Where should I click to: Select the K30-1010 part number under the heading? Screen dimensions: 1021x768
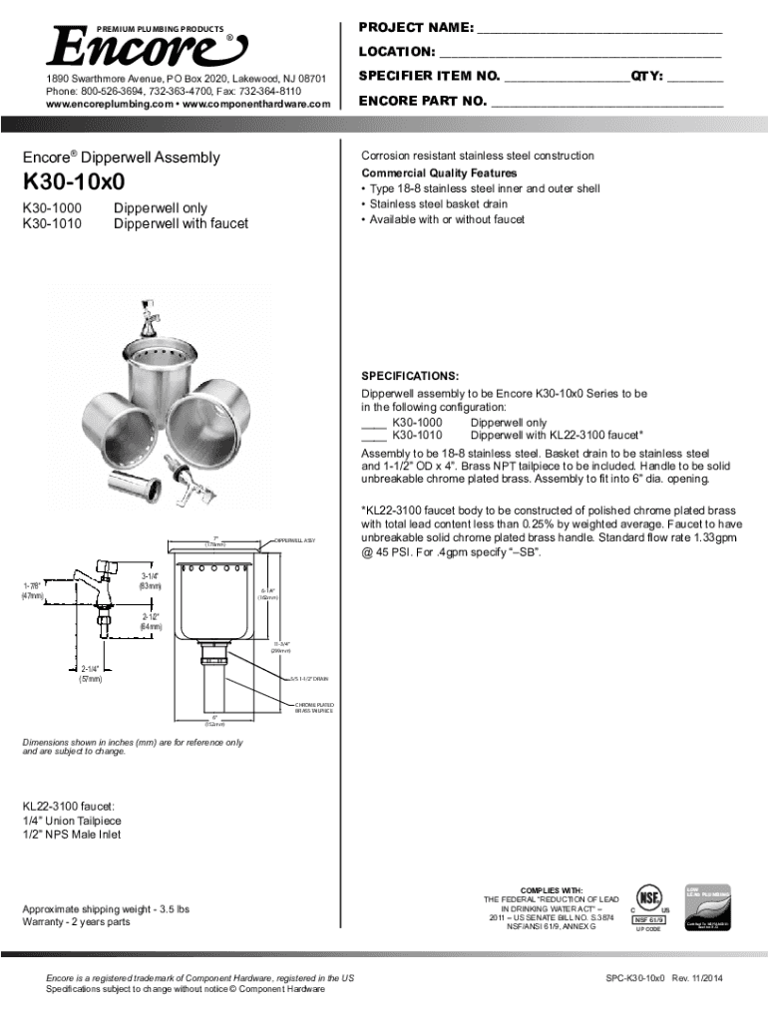point(51,223)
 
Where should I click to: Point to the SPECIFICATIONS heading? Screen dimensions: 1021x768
point(409,376)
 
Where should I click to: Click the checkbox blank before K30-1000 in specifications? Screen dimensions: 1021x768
point(373,422)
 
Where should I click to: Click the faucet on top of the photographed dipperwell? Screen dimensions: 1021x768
point(158,317)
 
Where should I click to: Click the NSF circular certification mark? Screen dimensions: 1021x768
point(650,894)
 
